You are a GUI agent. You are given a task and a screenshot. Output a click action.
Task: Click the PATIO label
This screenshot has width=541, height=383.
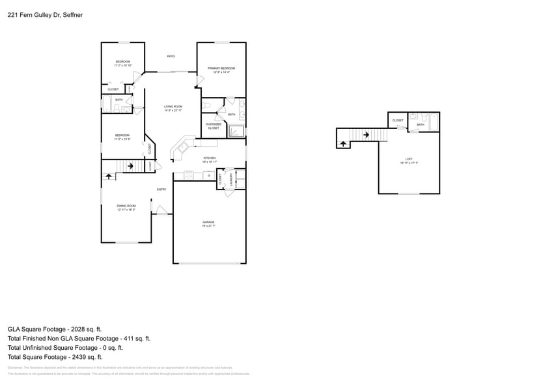(x=171, y=57)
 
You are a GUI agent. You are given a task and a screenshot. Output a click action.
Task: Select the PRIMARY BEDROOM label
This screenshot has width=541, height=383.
(x=221, y=68)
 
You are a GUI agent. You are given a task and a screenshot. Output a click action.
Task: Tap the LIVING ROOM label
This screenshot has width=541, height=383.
(x=173, y=107)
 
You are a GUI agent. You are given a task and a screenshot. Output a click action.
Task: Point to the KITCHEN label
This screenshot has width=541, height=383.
(x=209, y=158)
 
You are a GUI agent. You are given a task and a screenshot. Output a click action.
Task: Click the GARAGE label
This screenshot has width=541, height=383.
(x=208, y=222)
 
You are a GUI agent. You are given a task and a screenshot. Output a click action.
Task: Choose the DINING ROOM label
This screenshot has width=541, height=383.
(x=126, y=206)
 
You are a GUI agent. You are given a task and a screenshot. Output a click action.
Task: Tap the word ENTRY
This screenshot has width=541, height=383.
(x=161, y=190)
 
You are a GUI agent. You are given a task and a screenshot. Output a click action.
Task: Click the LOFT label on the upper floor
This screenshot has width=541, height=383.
(x=409, y=160)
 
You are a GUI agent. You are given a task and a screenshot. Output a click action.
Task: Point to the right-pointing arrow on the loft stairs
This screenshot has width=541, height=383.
(x=367, y=135)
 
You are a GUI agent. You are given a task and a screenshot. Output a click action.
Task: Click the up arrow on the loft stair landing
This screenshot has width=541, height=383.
(x=343, y=143)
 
